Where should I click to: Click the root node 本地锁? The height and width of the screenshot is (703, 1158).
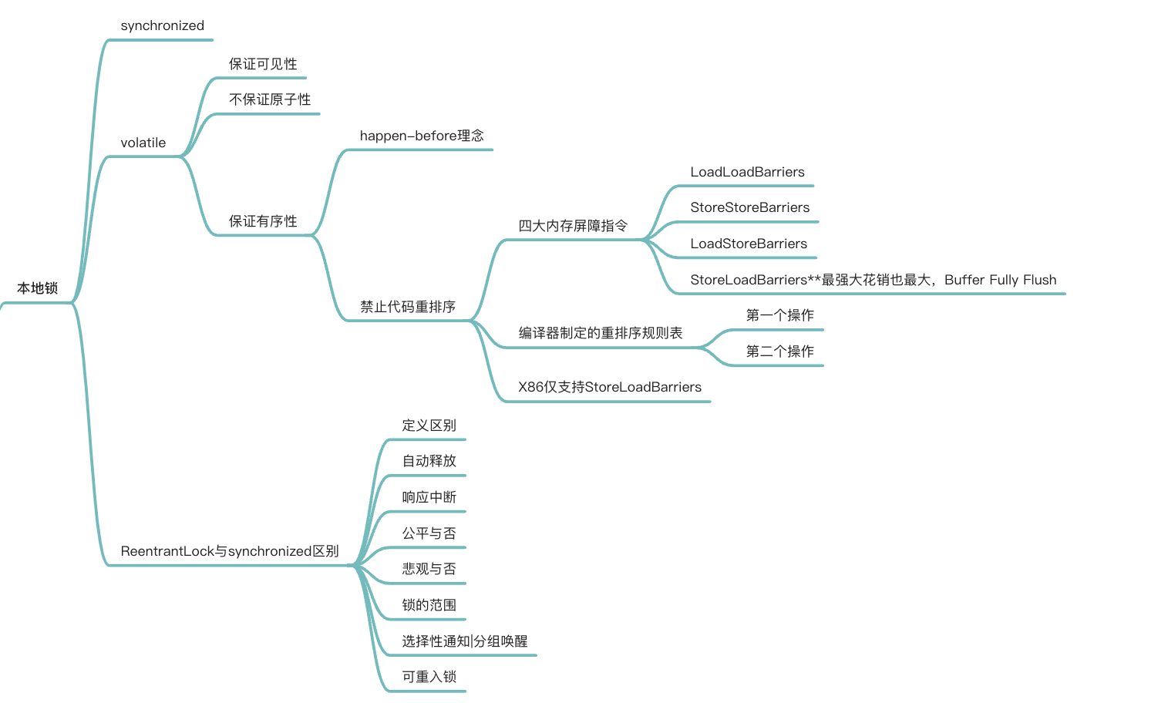37,288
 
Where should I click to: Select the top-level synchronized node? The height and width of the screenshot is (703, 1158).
162,25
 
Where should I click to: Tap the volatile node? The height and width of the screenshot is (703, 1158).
143,143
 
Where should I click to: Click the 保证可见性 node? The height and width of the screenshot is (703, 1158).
262,64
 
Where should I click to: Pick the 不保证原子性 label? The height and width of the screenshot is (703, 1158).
269,99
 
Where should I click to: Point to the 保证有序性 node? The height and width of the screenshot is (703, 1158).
262,221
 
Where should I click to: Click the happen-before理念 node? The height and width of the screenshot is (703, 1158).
421,136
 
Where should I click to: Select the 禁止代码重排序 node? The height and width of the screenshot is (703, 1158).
407,307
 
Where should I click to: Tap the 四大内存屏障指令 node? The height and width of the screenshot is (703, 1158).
572,226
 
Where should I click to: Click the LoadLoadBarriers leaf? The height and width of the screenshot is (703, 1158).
746,172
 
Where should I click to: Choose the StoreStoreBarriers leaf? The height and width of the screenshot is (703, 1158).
749,207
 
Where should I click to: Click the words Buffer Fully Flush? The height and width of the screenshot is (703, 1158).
1000,280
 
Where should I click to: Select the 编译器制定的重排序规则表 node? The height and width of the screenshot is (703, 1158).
600,333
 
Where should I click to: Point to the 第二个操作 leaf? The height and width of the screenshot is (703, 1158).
779,351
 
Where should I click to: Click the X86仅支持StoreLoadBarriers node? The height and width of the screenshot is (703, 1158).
609,387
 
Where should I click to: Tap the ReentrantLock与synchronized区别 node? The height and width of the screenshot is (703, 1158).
229,551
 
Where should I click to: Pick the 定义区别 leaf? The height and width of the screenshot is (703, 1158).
429,425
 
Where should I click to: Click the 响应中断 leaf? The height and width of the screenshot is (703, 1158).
429,497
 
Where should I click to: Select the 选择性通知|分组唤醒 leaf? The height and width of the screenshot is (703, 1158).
464,641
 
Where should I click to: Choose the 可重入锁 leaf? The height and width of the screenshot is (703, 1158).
429,677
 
